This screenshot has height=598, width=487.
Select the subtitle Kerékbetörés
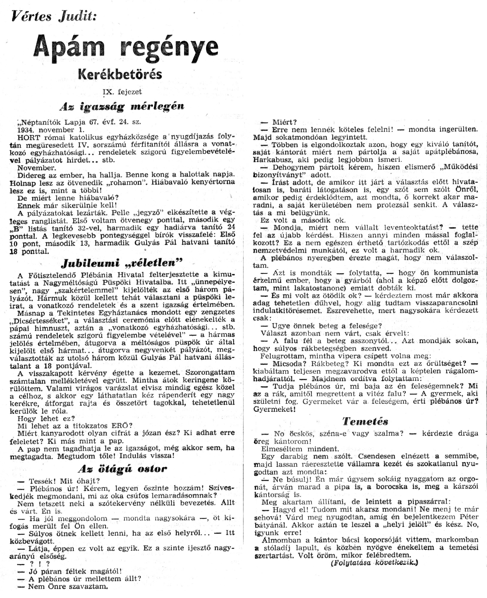(x=120, y=74)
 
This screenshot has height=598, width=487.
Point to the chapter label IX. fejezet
(x=122, y=92)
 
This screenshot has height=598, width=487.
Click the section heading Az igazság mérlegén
(x=122, y=106)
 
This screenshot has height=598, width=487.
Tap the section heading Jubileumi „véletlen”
(x=122, y=263)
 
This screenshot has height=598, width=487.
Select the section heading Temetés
(x=365, y=421)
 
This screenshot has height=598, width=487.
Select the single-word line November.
(x=37, y=168)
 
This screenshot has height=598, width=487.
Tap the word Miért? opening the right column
(x=285, y=122)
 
